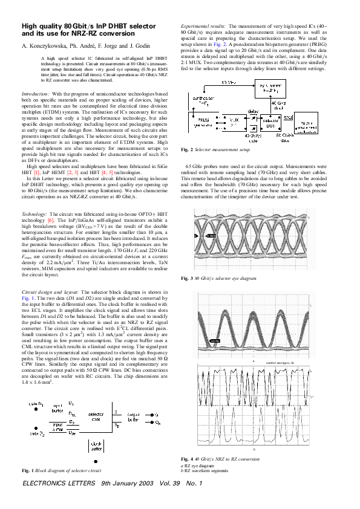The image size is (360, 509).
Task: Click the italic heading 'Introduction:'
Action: point(36,95)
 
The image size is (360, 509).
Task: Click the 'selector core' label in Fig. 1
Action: point(96,418)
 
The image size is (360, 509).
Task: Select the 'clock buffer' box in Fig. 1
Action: point(96,446)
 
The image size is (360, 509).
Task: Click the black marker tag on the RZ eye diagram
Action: point(214,342)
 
